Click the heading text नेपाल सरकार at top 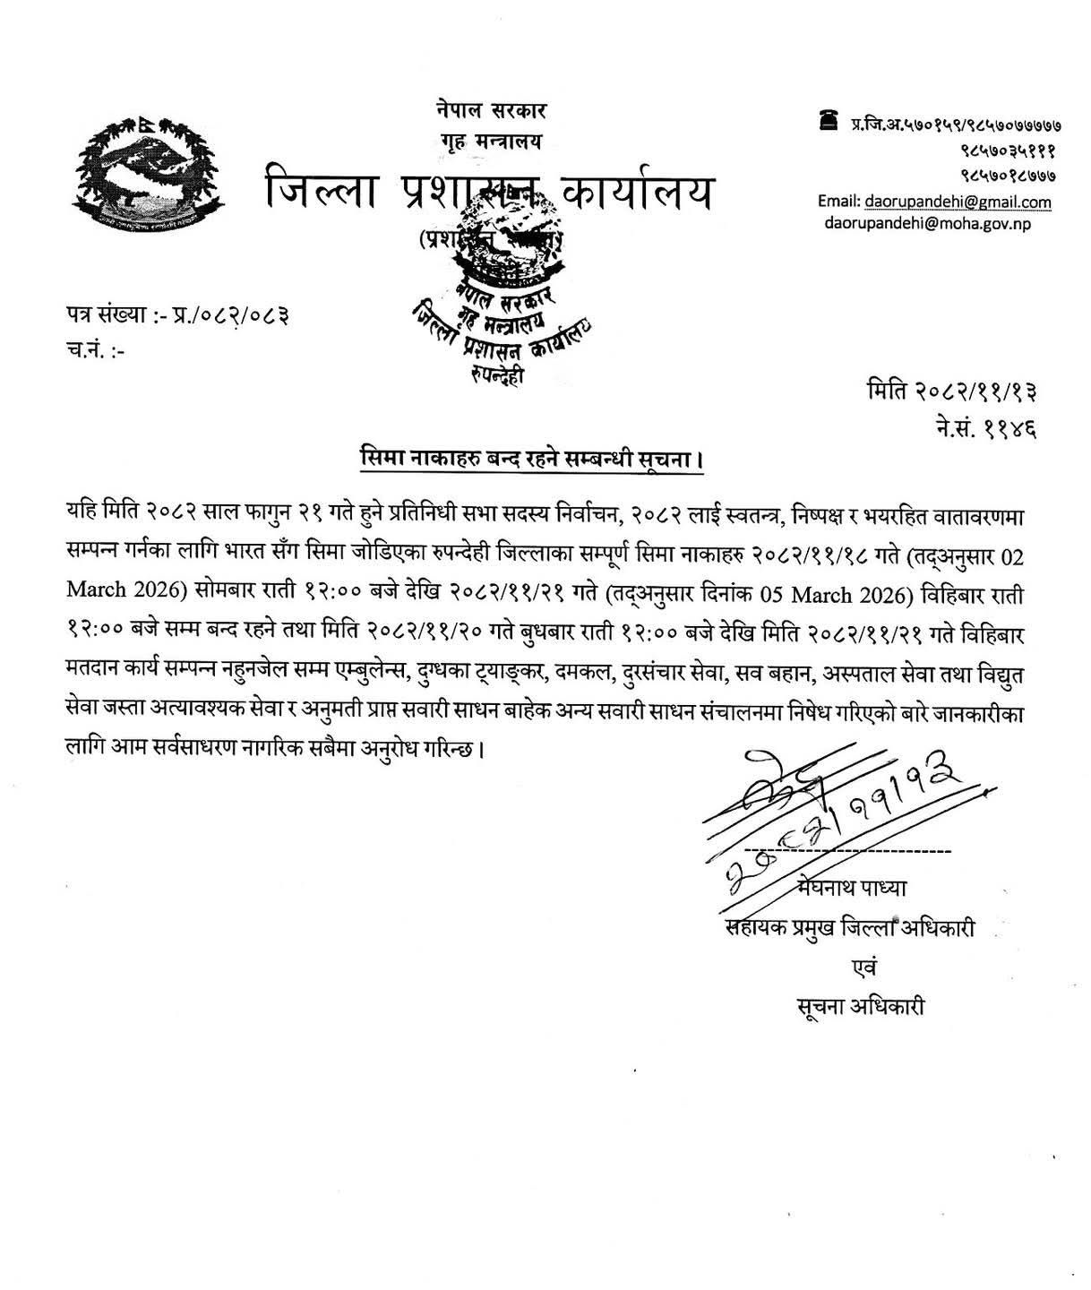click(x=486, y=112)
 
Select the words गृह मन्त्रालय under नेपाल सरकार click(x=487, y=141)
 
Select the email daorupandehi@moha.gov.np click(x=927, y=223)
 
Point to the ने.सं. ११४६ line click(x=984, y=430)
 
